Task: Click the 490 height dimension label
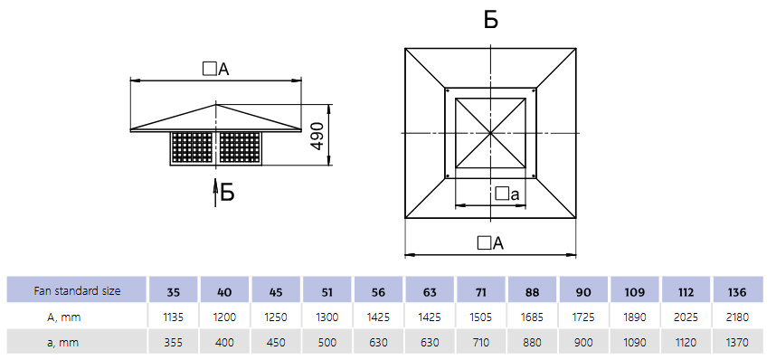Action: tap(317, 136)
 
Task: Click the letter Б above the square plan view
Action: tap(490, 20)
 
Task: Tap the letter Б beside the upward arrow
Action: tap(227, 193)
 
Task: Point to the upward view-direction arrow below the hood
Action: tap(216, 194)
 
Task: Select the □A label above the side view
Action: tap(216, 70)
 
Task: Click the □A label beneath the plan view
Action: tap(490, 243)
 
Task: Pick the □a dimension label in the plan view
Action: tap(507, 194)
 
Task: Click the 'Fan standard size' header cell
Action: tap(77, 290)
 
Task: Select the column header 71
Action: tap(481, 291)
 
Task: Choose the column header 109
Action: tap(635, 291)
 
